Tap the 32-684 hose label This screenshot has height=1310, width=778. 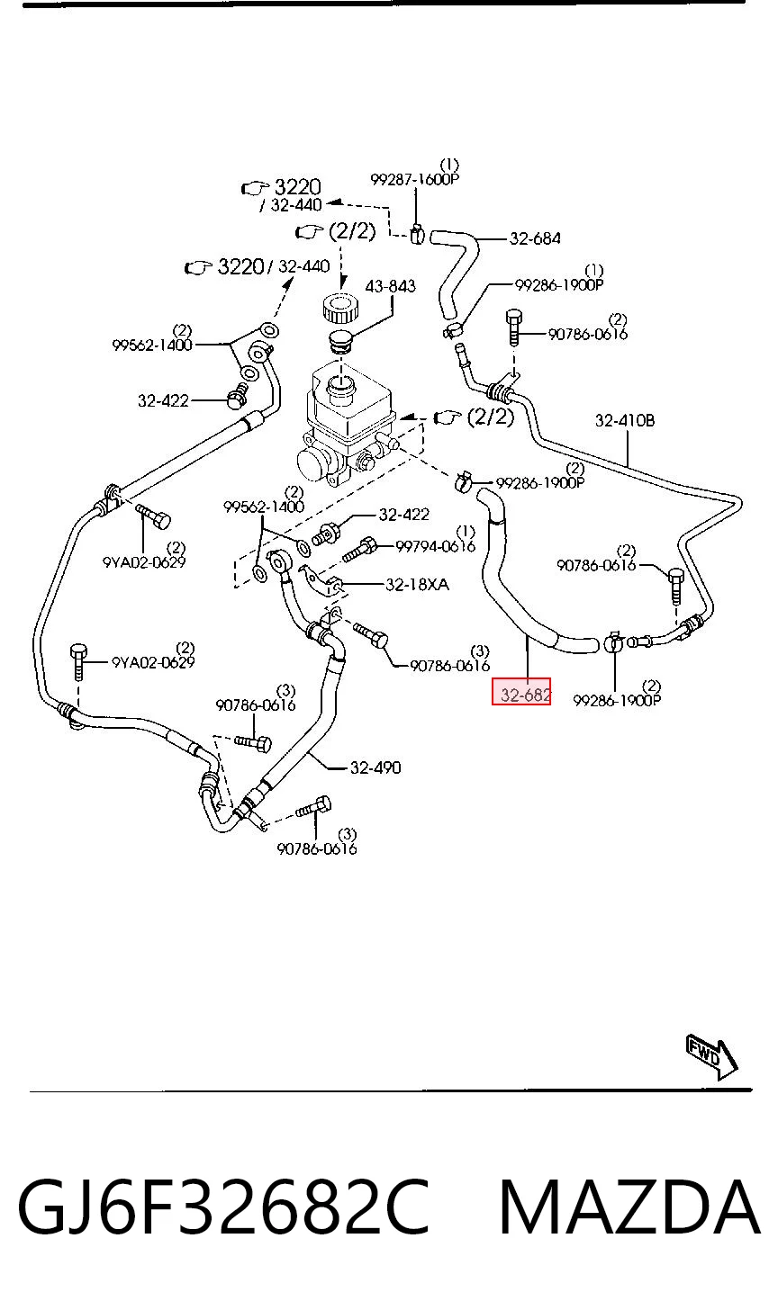[535, 238]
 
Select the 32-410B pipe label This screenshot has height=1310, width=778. [625, 420]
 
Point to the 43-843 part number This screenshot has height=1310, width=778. [391, 286]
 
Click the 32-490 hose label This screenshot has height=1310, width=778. [375, 767]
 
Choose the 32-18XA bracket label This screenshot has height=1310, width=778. [418, 584]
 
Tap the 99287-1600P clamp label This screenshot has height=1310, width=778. [414, 179]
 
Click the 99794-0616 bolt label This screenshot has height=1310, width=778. [436, 546]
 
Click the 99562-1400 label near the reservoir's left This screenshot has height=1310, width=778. [151, 345]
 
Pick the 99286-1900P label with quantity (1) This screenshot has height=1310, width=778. [559, 285]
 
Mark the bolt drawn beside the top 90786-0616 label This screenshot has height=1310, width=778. [514, 327]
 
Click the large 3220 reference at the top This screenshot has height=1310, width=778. [298, 187]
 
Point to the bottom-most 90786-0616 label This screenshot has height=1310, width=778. [317, 848]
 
